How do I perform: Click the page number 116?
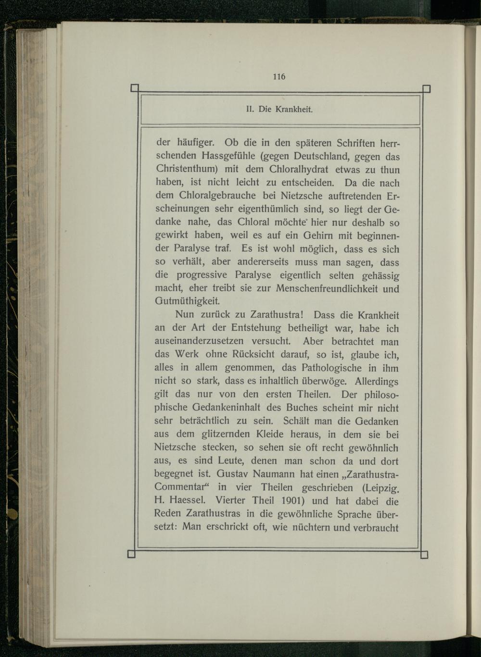pyautogui.click(x=279, y=76)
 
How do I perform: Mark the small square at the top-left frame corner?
pyautogui.click(x=134, y=88)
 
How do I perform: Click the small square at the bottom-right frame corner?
pyautogui.click(x=424, y=555)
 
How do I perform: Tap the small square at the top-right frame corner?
pyautogui.click(x=426, y=88)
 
